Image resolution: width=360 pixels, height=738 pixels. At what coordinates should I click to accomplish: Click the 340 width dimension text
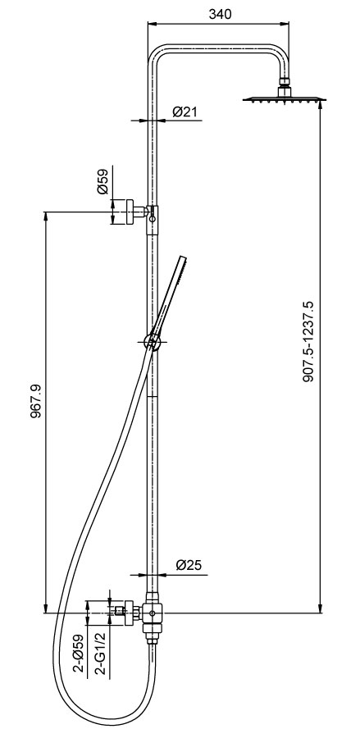pos(221,14)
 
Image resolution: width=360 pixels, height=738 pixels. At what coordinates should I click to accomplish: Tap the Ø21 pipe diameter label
pos(185,112)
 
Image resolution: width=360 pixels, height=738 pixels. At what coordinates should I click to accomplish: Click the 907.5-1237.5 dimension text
pos(308,340)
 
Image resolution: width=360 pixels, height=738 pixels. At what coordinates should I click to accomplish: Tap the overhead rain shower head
pos(285,99)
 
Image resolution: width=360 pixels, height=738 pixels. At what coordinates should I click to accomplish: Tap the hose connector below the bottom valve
pos(151,648)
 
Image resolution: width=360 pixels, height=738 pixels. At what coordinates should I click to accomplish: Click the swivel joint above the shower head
pos(285,83)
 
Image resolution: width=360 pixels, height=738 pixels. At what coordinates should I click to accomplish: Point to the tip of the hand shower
pos(185,258)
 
